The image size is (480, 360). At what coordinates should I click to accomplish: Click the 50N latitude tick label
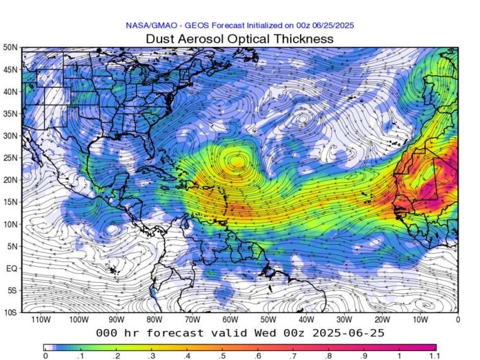coord(10,48)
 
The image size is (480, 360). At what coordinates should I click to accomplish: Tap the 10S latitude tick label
coord(10,312)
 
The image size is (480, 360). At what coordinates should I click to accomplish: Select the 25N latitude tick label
coord(10,158)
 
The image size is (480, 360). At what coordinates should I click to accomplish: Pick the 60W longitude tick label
coord(230,321)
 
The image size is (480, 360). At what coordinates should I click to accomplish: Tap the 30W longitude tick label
coord(344,321)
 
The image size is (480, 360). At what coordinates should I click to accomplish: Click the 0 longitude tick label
coord(457,321)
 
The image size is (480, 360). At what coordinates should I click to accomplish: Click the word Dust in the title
coord(160,39)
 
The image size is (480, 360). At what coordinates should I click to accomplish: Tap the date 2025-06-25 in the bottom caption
coord(348,332)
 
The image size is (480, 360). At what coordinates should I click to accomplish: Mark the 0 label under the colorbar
coord(45,357)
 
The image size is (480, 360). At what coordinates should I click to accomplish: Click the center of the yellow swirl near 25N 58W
coord(237,162)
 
